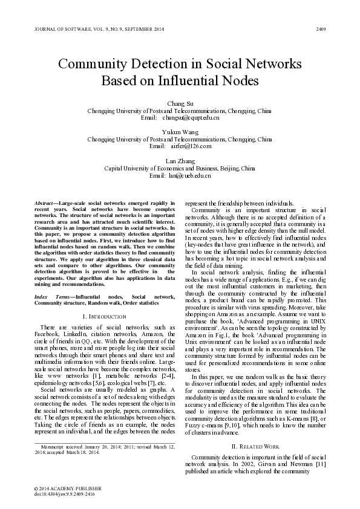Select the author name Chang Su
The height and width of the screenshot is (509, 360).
click(180, 105)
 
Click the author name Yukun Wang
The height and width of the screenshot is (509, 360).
click(180, 132)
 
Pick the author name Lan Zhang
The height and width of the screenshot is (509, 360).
click(180, 160)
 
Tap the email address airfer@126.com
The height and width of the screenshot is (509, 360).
click(189, 146)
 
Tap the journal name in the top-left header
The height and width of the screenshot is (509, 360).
click(91, 29)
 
